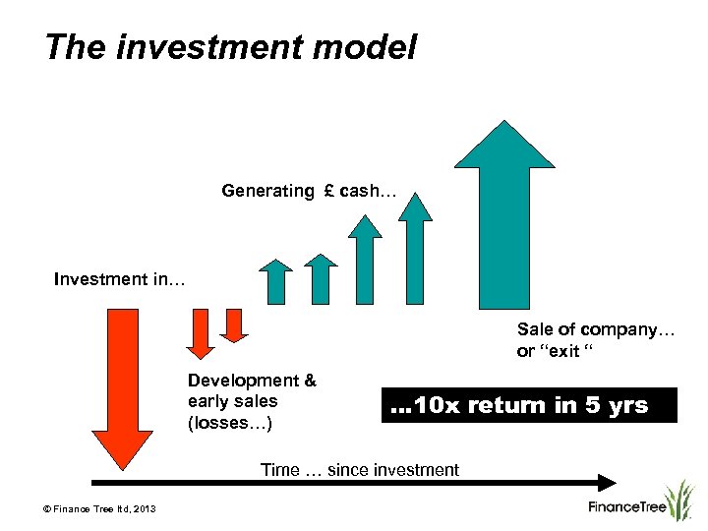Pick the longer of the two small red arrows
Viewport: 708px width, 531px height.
(x=201, y=332)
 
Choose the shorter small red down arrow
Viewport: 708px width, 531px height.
(x=235, y=324)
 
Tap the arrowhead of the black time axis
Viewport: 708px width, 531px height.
(x=607, y=483)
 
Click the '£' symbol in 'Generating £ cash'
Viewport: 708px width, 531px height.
(x=327, y=191)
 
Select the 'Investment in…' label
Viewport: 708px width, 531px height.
(x=119, y=279)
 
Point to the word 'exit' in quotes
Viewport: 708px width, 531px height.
(x=563, y=351)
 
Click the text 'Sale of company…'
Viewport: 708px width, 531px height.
(x=596, y=329)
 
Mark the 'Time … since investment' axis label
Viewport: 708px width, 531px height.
(x=359, y=470)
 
